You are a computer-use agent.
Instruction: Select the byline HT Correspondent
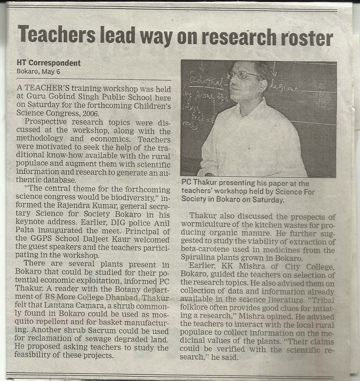click(48, 63)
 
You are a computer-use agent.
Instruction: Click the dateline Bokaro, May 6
click(38, 71)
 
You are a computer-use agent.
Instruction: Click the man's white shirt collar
click(255, 104)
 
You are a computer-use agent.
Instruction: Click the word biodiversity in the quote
click(134, 197)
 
